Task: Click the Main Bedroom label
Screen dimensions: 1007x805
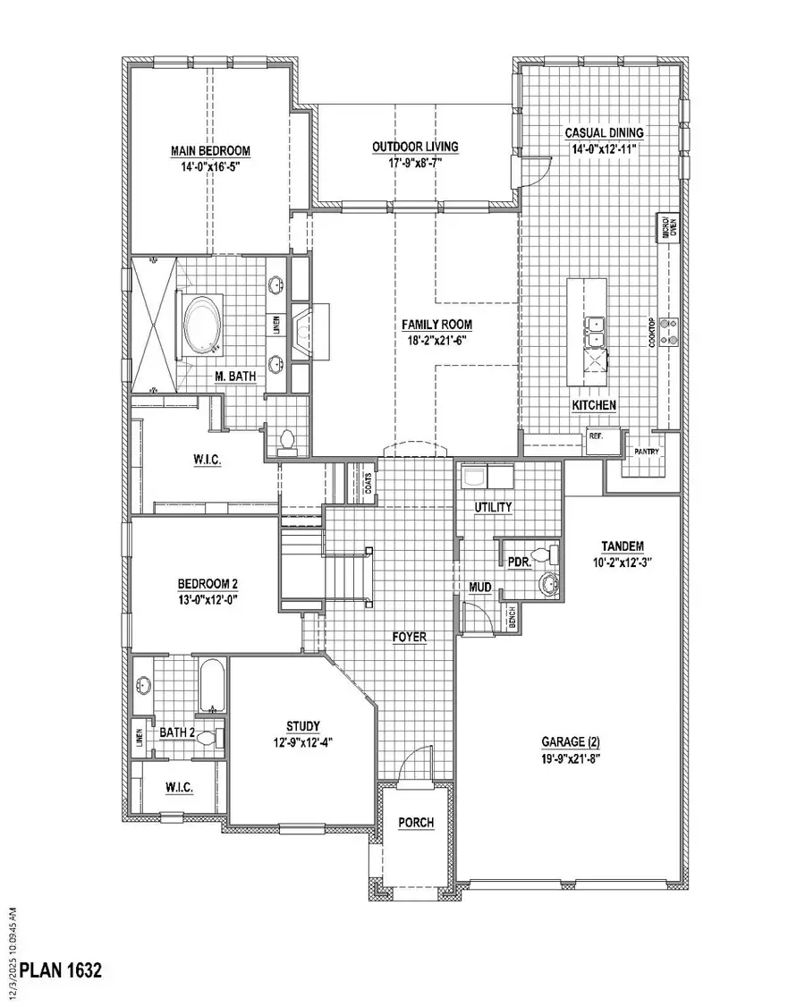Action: click(210, 151)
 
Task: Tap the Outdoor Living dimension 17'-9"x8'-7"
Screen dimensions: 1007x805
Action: click(415, 163)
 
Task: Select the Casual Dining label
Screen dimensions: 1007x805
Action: click(605, 132)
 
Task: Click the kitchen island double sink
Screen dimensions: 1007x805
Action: click(594, 331)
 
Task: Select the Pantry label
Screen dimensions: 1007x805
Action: click(647, 452)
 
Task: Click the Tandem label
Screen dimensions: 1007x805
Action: click(623, 546)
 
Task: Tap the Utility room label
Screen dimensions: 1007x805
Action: click(493, 507)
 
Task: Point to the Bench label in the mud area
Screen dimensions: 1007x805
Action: click(512, 620)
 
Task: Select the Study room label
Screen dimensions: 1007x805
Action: click(303, 725)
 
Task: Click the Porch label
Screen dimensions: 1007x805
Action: click(416, 822)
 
